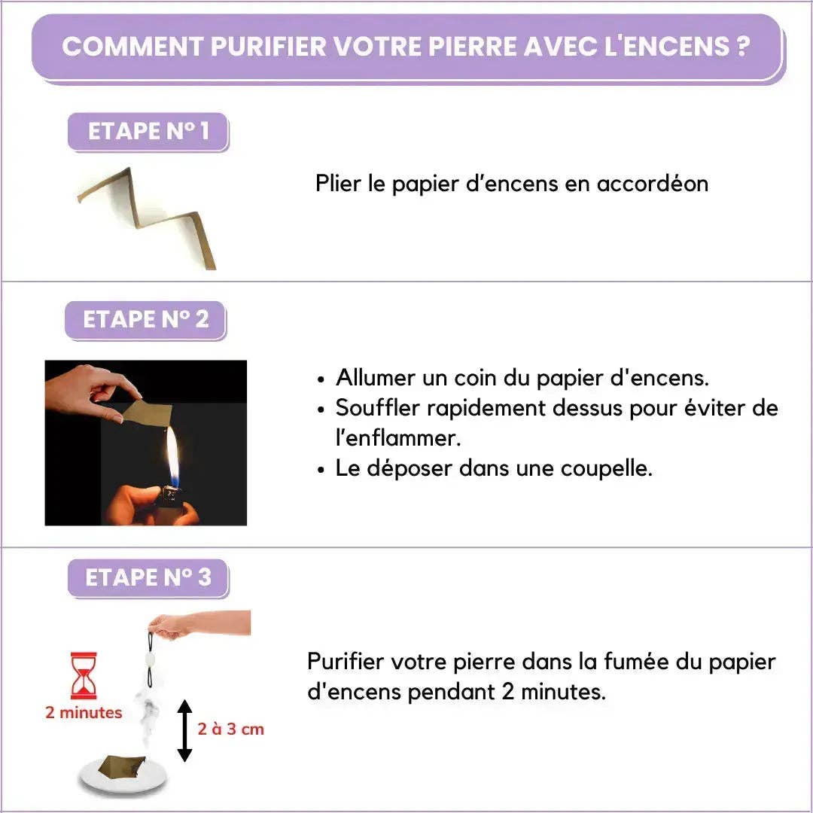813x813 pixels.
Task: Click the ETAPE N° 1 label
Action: [x=148, y=132]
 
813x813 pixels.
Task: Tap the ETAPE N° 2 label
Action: [x=145, y=319]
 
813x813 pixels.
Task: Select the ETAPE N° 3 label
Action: [x=148, y=577]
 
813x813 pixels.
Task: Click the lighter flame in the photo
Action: [x=172, y=455]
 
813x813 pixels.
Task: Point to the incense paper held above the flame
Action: [x=147, y=412]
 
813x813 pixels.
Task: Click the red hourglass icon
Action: [x=84, y=675]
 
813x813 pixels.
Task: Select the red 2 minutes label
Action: [x=84, y=712]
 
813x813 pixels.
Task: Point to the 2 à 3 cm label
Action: [x=231, y=729]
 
